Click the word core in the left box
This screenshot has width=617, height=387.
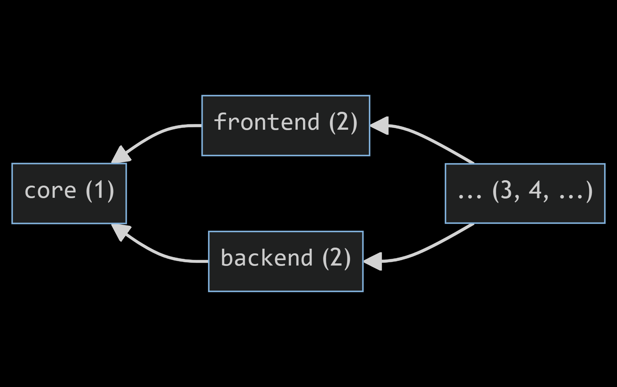coord(50,191)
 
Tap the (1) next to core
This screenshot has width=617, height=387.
coord(100,190)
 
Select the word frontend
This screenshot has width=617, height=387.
coord(266,122)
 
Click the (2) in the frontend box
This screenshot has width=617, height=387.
coord(343,122)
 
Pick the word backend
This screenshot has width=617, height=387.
coord(267,258)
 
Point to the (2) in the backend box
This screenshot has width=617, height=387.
coord(336,258)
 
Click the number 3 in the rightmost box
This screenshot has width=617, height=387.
coord(506,190)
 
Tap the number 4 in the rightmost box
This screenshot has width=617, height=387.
coord(535,190)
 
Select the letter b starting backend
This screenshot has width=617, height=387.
coord(226,258)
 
